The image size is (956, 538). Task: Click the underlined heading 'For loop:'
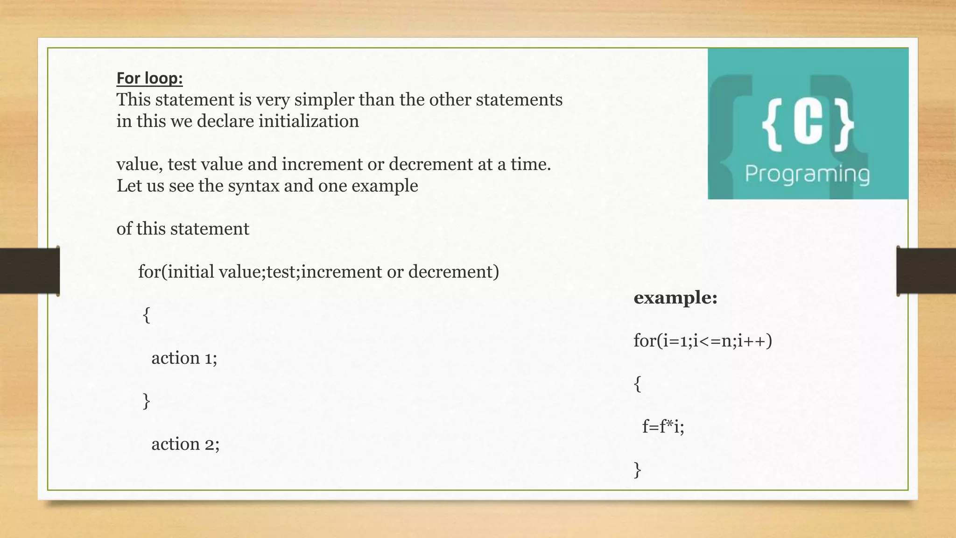pos(149,78)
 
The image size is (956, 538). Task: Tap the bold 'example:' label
pos(675,297)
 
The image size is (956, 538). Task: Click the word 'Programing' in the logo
pos(807,174)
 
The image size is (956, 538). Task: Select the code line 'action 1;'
pos(184,358)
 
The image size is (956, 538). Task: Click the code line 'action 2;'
pos(185,444)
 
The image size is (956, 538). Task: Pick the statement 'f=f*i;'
pos(663,426)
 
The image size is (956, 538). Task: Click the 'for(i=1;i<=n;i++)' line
pos(703,341)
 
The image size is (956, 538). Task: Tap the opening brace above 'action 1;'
pos(147,315)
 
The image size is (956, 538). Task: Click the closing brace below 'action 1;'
pos(147,401)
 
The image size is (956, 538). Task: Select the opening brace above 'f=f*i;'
pos(638,384)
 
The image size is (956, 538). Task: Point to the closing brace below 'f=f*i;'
pos(638,470)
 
